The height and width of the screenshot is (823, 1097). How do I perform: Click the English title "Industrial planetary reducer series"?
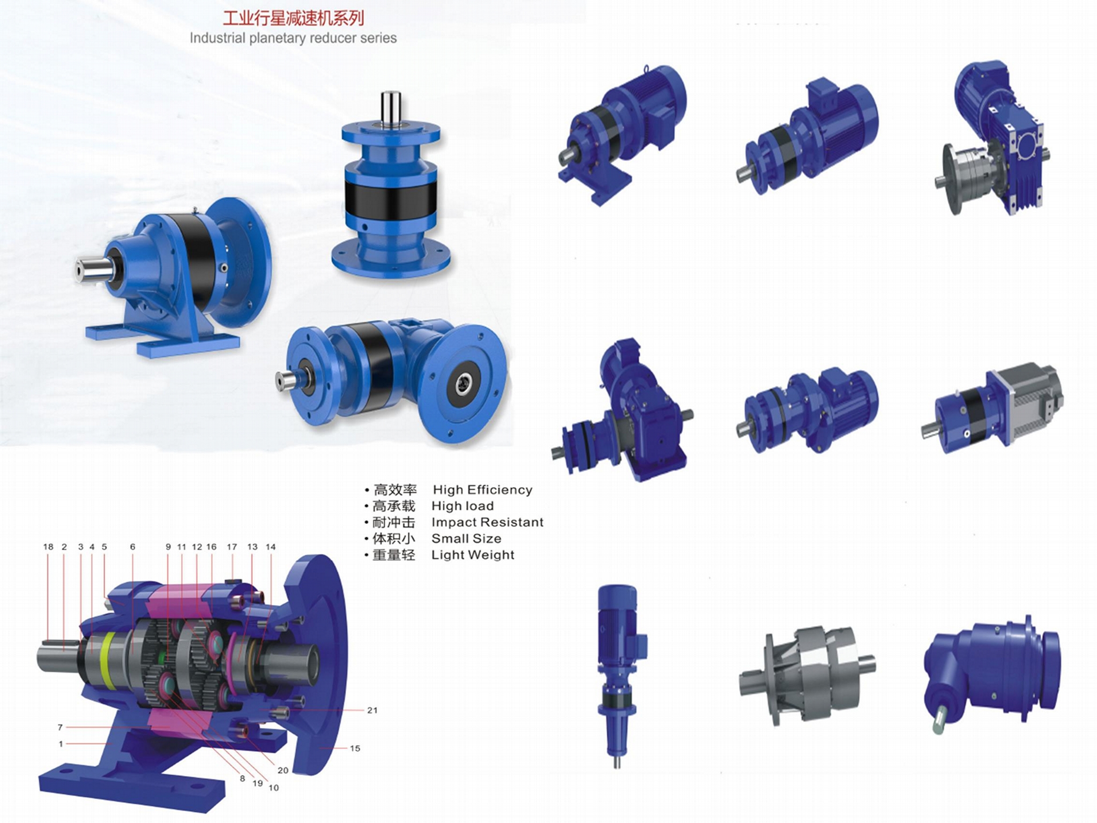click(x=293, y=38)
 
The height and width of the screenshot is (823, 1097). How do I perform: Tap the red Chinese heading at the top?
click(x=293, y=18)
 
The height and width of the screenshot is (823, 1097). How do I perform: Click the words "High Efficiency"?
click(x=482, y=490)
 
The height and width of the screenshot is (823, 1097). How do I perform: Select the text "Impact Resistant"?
click(x=487, y=522)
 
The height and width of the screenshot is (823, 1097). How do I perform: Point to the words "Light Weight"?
click(x=473, y=555)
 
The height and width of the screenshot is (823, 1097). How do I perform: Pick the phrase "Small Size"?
click(x=466, y=538)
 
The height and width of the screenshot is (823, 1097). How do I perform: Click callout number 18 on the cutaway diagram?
click(x=48, y=547)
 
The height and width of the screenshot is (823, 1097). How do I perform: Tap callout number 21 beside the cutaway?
click(x=372, y=710)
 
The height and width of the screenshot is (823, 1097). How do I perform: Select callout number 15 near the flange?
click(x=355, y=748)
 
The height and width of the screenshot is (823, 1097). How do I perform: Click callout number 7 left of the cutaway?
click(x=60, y=727)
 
